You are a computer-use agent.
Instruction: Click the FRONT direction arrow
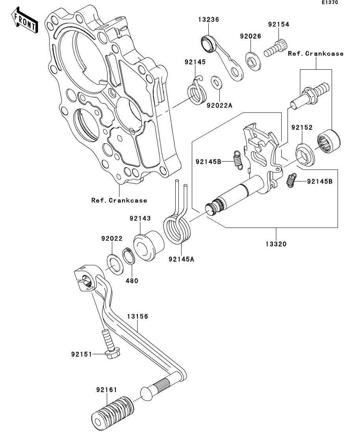(24, 22)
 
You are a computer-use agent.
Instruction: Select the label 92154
(278, 24)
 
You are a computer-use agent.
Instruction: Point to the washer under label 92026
(253, 60)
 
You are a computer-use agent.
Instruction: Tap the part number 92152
(302, 127)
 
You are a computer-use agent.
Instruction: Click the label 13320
(276, 244)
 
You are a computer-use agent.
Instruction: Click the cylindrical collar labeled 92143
(149, 247)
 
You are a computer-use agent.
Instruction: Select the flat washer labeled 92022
(115, 264)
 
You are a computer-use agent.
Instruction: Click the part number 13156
(137, 316)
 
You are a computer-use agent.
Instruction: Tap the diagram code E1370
(330, 3)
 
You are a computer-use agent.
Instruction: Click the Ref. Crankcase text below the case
(119, 200)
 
